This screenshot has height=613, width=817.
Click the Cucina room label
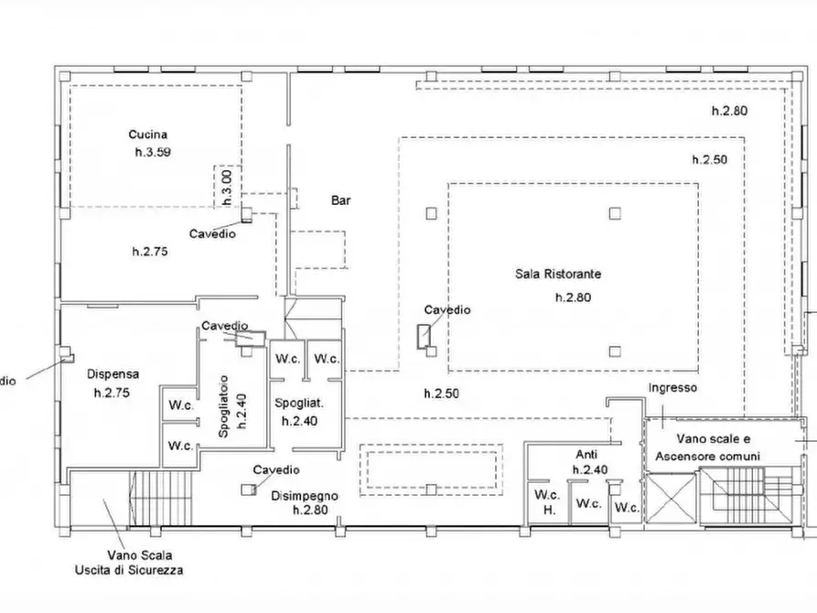[148, 134]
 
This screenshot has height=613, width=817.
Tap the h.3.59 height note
[153, 152]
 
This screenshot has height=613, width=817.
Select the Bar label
[340, 200]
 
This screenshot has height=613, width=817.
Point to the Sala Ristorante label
[558, 274]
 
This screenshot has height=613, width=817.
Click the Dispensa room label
[113, 373]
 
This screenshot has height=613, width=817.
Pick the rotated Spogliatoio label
[223, 406]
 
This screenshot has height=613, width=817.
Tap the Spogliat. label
[299, 403]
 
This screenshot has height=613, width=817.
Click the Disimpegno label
[305, 496]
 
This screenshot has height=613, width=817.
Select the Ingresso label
[672, 388]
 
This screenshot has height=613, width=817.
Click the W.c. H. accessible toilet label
[547, 502]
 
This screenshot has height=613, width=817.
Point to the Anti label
[586, 454]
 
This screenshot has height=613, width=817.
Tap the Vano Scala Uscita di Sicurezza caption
[129, 563]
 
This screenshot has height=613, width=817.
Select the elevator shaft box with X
[672, 498]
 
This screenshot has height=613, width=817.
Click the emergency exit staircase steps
[161, 498]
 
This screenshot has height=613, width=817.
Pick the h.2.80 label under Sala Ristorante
[573, 297]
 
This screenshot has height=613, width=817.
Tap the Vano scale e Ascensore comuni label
[707, 447]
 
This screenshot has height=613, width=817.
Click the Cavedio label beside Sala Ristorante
[447, 309]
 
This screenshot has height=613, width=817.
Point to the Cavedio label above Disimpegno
[276, 469]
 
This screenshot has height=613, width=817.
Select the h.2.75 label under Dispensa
[112, 393]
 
